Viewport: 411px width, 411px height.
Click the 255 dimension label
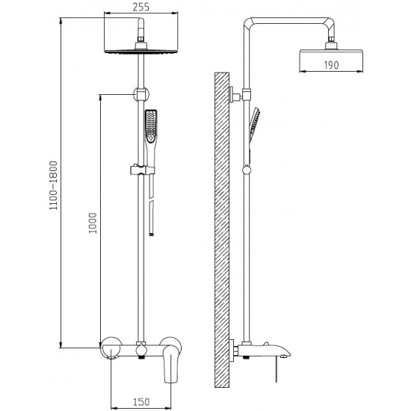click(x=140, y=7)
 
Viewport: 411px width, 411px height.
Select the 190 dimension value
click(x=331, y=65)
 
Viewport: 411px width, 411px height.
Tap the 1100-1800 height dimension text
click(x=54, y=185)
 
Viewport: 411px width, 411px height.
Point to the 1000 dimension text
click(x=93, y=223)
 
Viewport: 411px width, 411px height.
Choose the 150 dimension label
click(x=141, y=402)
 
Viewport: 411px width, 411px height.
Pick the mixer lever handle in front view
click(x=171, y=365)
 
